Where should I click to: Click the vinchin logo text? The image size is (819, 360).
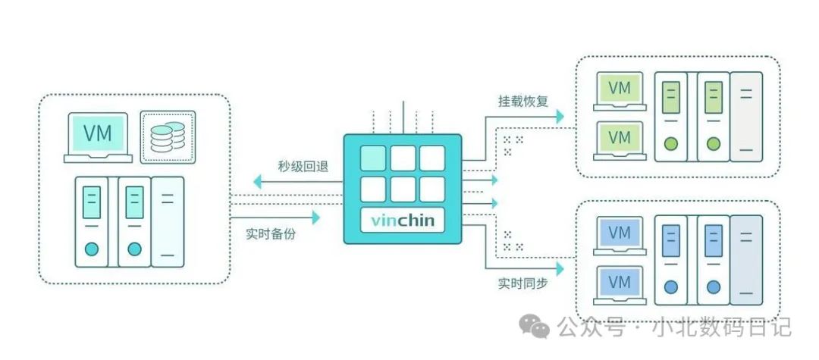403,220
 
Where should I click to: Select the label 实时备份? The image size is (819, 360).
271,234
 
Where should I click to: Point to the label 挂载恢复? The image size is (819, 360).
522,102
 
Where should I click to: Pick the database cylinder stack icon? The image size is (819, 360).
168,137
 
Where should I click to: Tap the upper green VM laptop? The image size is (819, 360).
620,91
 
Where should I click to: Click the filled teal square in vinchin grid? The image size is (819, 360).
373,158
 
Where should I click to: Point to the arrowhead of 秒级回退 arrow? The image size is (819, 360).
258,182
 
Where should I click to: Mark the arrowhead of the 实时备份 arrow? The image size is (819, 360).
315,218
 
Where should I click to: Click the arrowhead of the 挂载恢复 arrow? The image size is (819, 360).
560,117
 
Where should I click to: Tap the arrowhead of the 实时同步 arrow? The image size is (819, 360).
560,269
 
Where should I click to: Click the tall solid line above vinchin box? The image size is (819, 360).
403,117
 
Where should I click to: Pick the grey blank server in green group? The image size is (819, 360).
746,117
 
